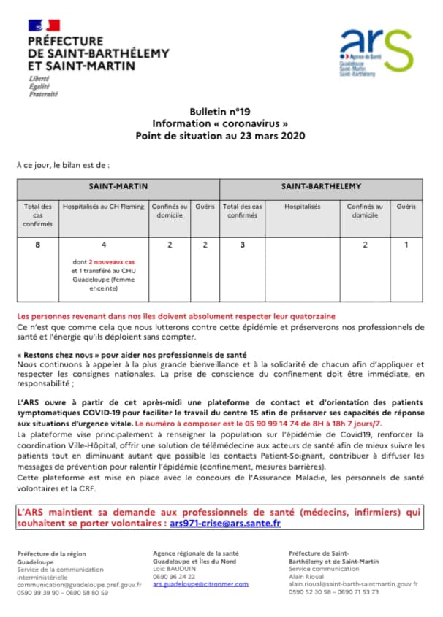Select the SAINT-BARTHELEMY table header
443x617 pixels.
point(321,186)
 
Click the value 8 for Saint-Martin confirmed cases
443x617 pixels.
point(37,245)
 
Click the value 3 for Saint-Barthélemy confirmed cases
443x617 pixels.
point(241,245)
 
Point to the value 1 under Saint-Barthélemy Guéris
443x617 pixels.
point(406,245)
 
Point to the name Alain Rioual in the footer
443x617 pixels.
point(308,575)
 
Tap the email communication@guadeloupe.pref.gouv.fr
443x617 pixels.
point(78,584)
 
